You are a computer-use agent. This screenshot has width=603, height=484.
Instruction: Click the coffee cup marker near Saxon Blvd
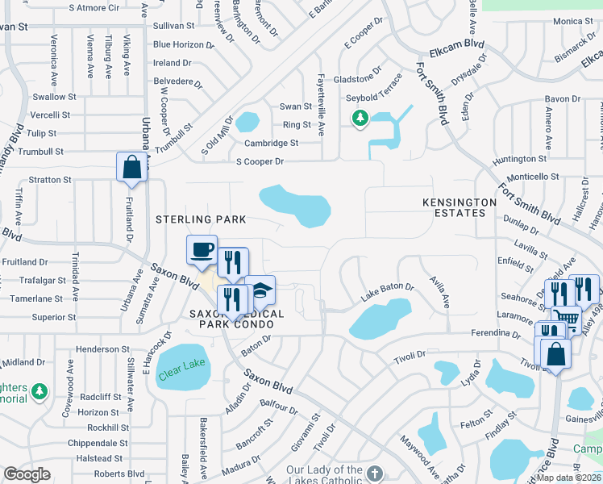coord(202,248)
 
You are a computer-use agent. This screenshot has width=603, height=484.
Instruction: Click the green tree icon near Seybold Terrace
coord(358,119)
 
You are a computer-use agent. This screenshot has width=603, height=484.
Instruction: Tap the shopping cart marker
coord(567,319)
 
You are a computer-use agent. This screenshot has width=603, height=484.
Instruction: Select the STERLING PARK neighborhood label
coord(201,219)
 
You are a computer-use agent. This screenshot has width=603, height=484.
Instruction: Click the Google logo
coord(27,474)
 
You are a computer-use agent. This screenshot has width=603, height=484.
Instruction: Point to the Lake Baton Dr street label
coord(387,291)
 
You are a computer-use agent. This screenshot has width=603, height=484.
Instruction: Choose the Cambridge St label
coord(272,143)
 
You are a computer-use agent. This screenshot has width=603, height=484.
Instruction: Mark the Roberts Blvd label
coord(119,474)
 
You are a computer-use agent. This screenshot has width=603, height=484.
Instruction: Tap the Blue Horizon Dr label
coord(184,44)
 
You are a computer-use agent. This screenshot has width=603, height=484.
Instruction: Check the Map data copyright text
coord(569,477)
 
